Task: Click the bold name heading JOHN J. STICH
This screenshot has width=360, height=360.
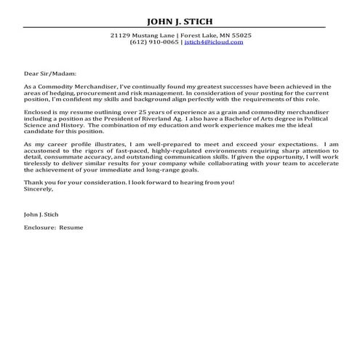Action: tap(180, 20)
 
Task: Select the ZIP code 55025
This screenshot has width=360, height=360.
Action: tap(237, 35)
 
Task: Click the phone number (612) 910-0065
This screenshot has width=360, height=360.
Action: tap(153, 42)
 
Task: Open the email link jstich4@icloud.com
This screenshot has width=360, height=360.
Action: tap(213, 42)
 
